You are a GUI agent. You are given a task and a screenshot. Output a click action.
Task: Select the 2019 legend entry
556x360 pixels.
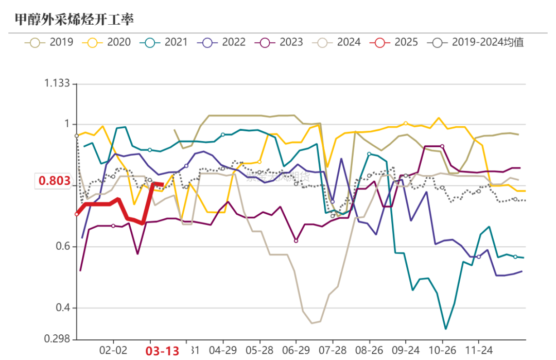tap(49, 42)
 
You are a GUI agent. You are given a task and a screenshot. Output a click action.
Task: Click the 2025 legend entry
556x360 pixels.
tap(394, 42)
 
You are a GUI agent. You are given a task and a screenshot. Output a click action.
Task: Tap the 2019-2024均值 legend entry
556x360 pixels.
tap(476, 42)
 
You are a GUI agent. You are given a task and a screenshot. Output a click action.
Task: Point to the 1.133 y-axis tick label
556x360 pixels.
tap(56, 83)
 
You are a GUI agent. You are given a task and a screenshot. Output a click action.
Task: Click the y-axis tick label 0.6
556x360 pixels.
tap(62, 247)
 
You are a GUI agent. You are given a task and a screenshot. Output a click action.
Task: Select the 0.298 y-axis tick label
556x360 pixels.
tap(56, 339)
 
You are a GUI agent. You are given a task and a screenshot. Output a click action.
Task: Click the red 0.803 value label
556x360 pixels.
tap(54, 181)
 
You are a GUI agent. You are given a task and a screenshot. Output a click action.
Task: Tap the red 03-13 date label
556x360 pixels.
tap(162, 351)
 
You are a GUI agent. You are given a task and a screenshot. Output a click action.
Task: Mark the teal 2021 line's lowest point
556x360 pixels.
tap(445, 329)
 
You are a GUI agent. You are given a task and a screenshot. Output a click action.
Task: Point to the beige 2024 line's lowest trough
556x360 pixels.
tap(312, 323)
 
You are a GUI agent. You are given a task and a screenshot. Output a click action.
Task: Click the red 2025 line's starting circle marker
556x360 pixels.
tap(77, 214)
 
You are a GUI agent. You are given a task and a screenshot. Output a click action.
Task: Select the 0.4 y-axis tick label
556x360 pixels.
tap(62, 308)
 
